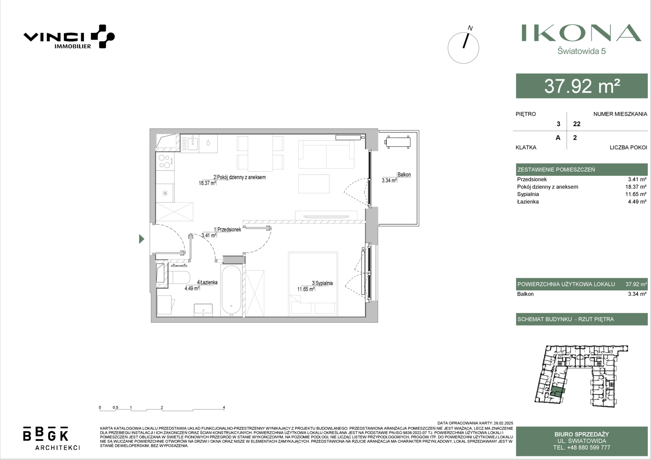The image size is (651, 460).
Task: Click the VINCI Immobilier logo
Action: coord(69,37)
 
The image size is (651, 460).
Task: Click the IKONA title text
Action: coord(581,33)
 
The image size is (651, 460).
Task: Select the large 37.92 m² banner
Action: coord(582,86)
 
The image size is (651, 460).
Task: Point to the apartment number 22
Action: coord(576,124)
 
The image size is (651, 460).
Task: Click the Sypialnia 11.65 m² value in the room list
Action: coord(636,194)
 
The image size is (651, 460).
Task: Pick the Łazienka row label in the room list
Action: coord(528,201)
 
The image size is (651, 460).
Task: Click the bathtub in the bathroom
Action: coord(231,290)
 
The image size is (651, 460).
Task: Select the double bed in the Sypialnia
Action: coord(313,284)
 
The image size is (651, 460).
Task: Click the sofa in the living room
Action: coord(326,154)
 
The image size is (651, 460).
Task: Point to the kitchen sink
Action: coord(193,143)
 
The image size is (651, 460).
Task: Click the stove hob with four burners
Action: coord(165,161)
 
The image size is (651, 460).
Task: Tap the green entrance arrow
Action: coord(141,239)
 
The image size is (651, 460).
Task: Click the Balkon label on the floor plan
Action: coord(404,175)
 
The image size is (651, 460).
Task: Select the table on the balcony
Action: coord(398,142)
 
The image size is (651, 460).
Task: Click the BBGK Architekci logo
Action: coord(52,438)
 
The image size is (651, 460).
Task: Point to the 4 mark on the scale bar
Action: coord(224,408)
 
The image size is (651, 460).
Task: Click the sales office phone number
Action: coord(582,448)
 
